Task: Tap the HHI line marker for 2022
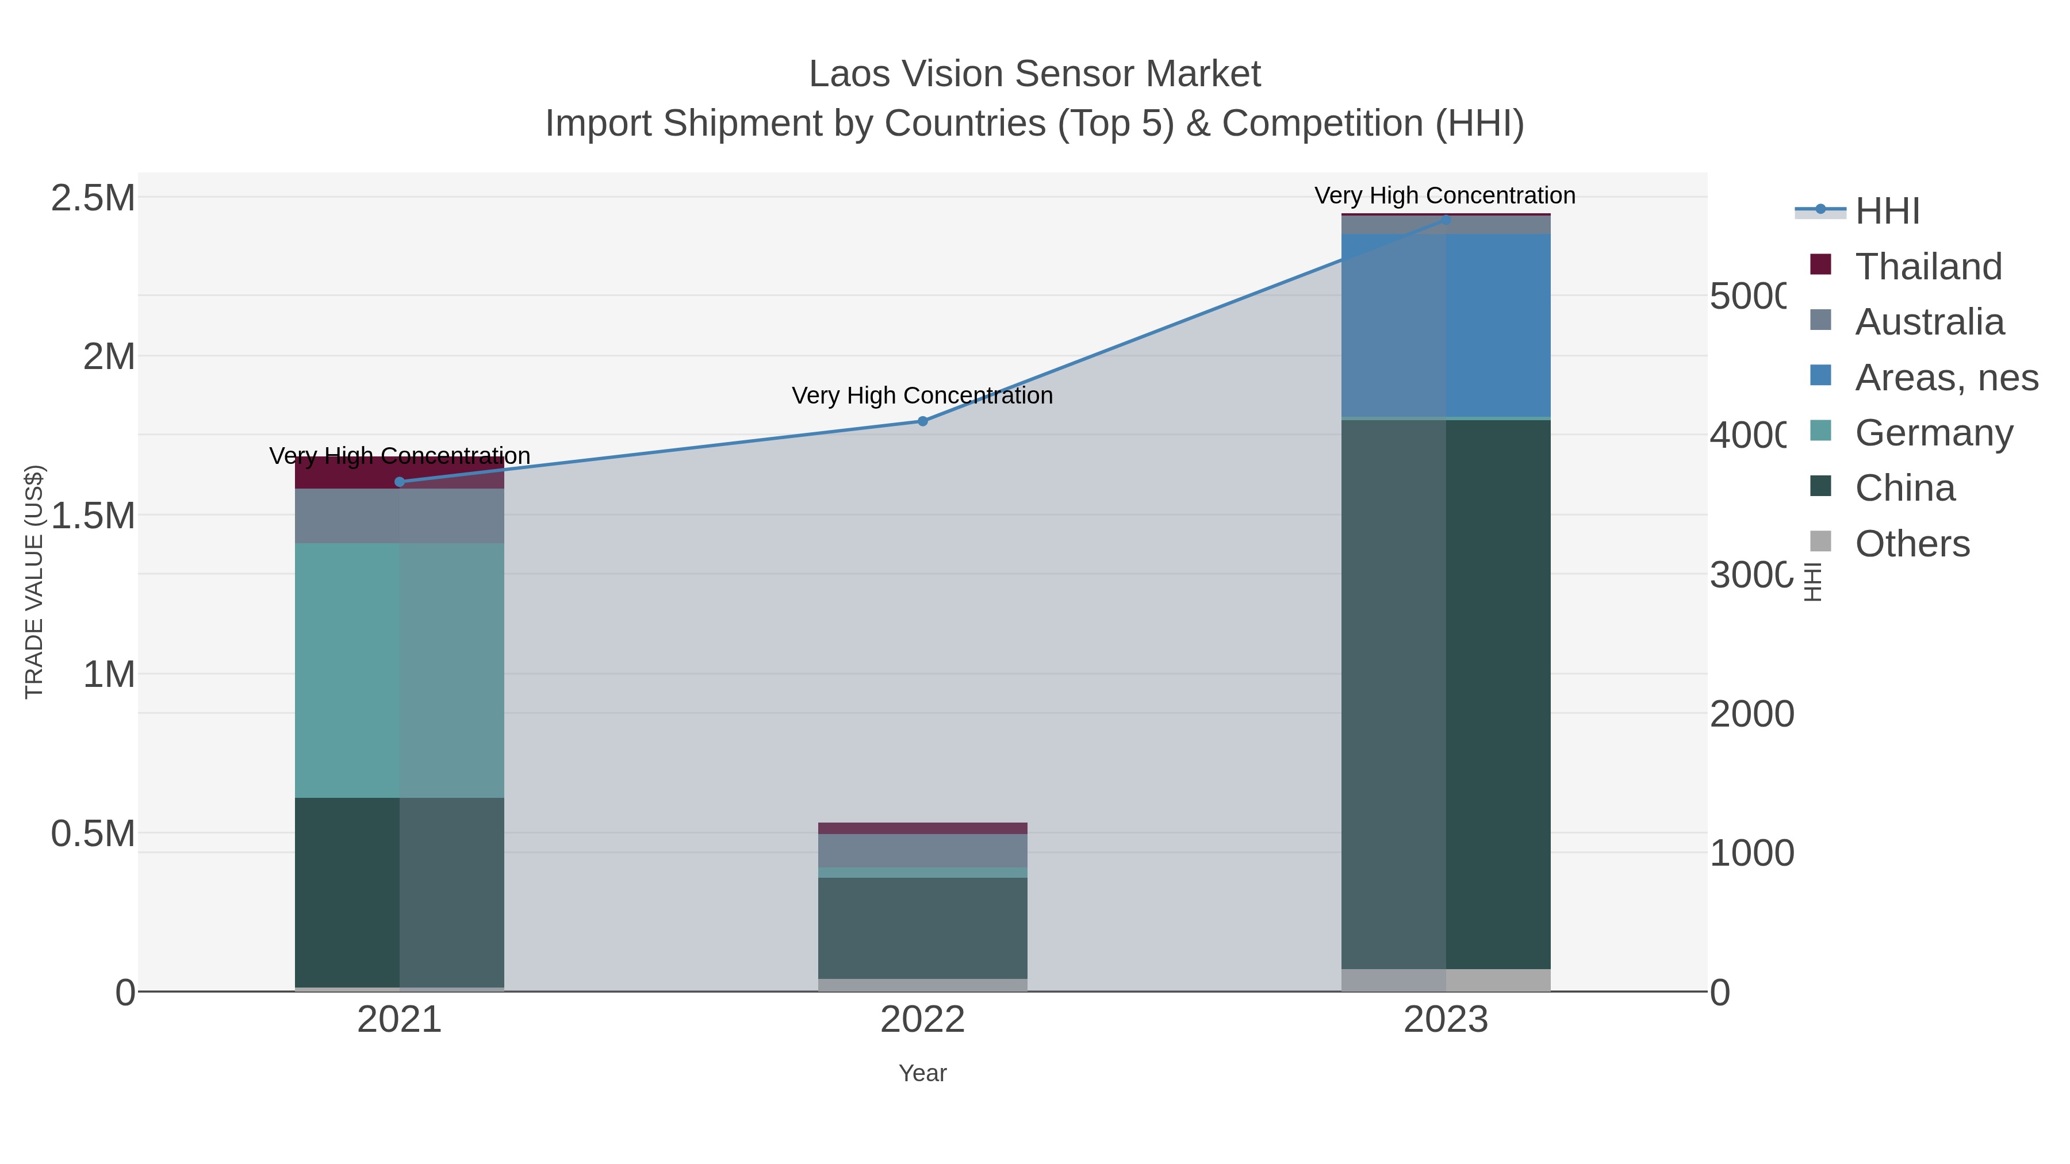coord(922,421)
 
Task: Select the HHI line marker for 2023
coord(1446,220)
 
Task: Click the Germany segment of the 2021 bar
coord(400,670)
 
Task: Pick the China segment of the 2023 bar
coord(1446,694)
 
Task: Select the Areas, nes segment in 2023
coord(1446,325)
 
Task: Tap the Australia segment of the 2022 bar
coord(922,851)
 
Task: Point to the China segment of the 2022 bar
coord(922,928)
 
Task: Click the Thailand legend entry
coord(1927,266)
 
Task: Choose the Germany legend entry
coord(1933,432)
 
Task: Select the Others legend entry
coord(1911,543)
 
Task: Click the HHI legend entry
coord(1886,210)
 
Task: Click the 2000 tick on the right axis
coord(1751,714)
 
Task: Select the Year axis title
coord(922,1073)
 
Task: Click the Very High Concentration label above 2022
coord(922,395)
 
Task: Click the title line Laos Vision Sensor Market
coord(1034,74)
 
